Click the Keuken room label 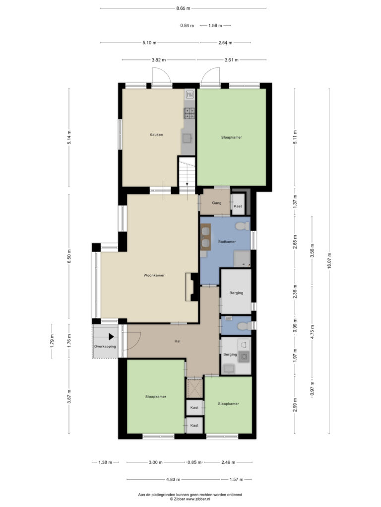[156, 135]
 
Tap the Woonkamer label [154, 275]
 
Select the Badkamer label [227, 242]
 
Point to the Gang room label [217, 203]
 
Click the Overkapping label [105, 347]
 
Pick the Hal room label [177, 341]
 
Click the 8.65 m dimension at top [183, 8]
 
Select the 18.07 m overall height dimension [329, 260]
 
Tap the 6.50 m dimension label [69, 256]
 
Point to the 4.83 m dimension [173, 479]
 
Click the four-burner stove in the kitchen [190, 113]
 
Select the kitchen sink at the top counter [190, 95]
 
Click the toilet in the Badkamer [242, 226]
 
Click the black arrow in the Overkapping [111, 337]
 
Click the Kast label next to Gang [238, 206]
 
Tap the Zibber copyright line [190, 499]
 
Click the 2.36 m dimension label [295, 292]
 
